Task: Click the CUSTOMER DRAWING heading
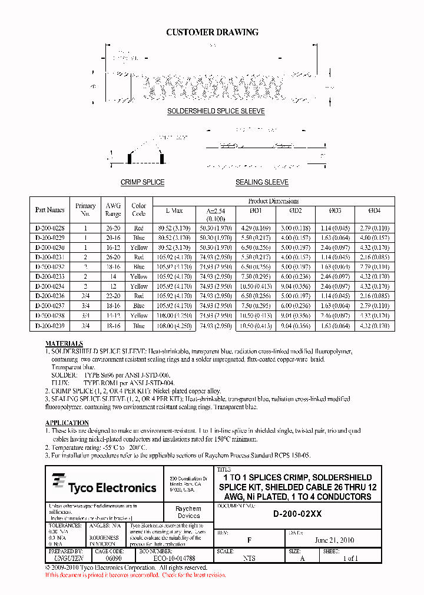[x=212, y=32]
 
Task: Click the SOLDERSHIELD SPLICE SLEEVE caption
[x=216, y=111]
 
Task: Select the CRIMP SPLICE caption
[x=143, y=182]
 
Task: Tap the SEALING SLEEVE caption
[x=262, y=182]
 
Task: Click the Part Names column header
[x=50, y=210]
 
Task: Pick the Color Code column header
[x=139, y=210]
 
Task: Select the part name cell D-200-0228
[x=50, y=228]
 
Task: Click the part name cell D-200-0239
[x=50, y=325]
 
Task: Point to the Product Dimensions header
[x=273, y=201]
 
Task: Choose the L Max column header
[x=175, y=210]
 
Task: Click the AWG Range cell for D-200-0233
[x=113, y=276]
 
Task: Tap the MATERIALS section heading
[x=64, y=343]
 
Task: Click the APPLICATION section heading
[x=67, y=423]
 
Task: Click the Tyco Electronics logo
[x=104, y=486]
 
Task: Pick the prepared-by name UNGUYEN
[x=65, y=559]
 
